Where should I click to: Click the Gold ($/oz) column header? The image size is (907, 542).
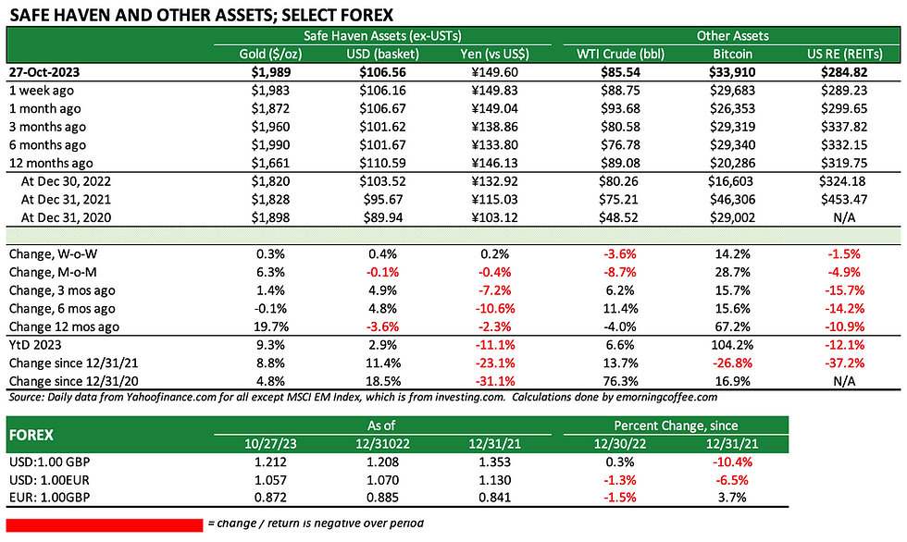pos(270,54)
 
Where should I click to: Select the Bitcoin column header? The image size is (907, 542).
pos(732,54)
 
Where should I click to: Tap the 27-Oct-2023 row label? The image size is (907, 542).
pos(44,72)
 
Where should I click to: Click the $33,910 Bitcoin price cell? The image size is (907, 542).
pos(732,72)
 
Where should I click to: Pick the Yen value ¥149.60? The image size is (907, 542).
pos(494,72)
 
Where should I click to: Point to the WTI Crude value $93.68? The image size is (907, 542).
pos(619,108)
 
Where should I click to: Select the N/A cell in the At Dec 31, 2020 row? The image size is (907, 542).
pos(843,218)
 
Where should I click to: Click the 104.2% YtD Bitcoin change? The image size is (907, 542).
pos(732,345)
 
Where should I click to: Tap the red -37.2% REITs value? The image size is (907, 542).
pos(844,363)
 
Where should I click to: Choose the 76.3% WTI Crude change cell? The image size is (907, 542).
pos(619,381)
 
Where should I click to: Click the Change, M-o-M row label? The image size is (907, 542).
pos(53,272)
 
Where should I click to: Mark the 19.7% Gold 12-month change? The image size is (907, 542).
pos(270,326)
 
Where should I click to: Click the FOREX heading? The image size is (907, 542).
pos(31,435)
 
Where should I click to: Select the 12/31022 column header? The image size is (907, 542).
pos(382,444)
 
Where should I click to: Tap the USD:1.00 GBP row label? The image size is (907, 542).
pos(49,462)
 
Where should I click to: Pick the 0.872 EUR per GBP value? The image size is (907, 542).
pos(270,498)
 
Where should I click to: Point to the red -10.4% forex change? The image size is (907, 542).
pos(732,462)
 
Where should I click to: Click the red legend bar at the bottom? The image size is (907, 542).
pos(105,524)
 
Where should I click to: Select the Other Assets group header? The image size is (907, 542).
pos(732,36)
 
